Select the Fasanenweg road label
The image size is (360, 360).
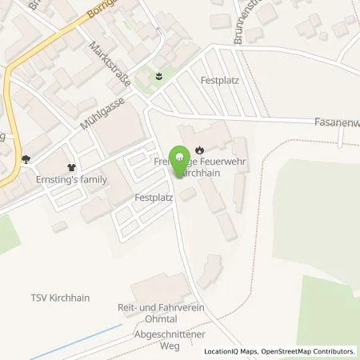[x=336, y=122]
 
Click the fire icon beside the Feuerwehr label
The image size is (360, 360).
[x=200, y=147]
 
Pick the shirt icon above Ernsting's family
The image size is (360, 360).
[x=73, y=167]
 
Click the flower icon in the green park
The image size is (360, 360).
[x=158, y=77]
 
